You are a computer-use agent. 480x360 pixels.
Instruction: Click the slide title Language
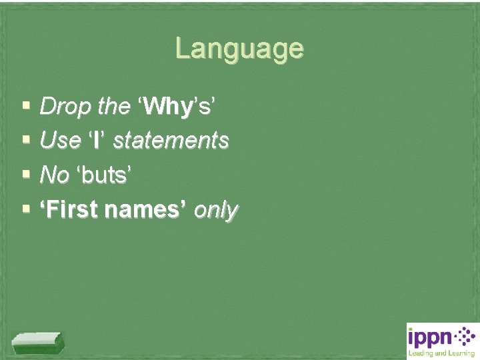[239, 49]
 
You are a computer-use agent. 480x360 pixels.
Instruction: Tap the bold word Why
[167, 106]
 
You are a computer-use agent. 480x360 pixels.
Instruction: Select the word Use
[60, 141]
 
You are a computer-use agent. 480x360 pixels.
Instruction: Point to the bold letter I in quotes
[97, 141]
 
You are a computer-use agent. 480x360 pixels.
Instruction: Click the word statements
[171, 141]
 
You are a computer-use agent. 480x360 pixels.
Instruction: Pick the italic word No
[55, 175]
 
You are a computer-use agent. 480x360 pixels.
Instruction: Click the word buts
[105, 175]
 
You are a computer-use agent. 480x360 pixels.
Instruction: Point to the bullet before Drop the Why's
[25, 105]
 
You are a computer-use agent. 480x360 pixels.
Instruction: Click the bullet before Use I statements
[25, 140]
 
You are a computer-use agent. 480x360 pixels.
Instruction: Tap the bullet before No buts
[25, 175]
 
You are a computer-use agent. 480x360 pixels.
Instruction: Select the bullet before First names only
[25, 209]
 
